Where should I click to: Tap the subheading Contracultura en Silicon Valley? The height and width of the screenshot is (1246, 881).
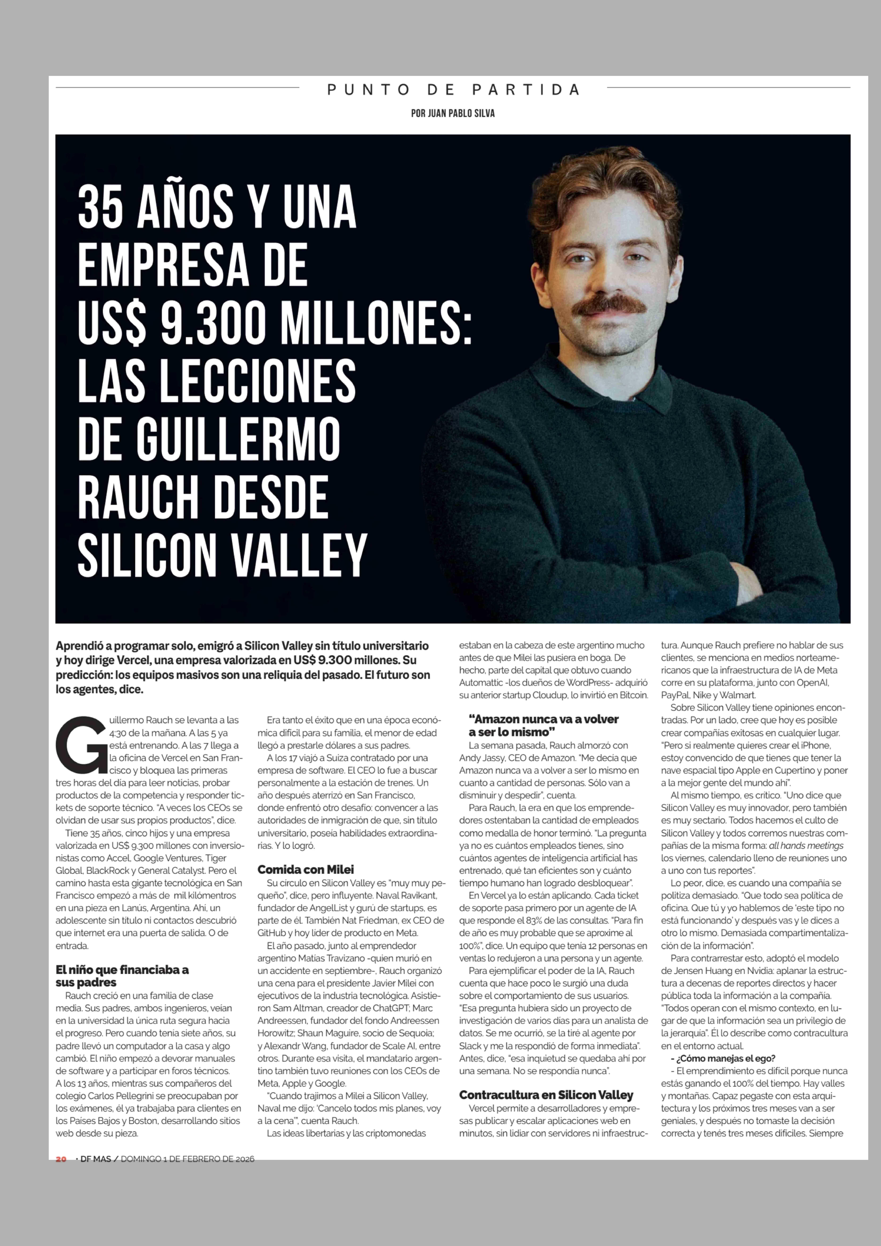point(546,1095)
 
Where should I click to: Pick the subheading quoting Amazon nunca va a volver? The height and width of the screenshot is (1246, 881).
point(544,725)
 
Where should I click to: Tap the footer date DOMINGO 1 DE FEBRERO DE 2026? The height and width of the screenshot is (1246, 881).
point(187,1159)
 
